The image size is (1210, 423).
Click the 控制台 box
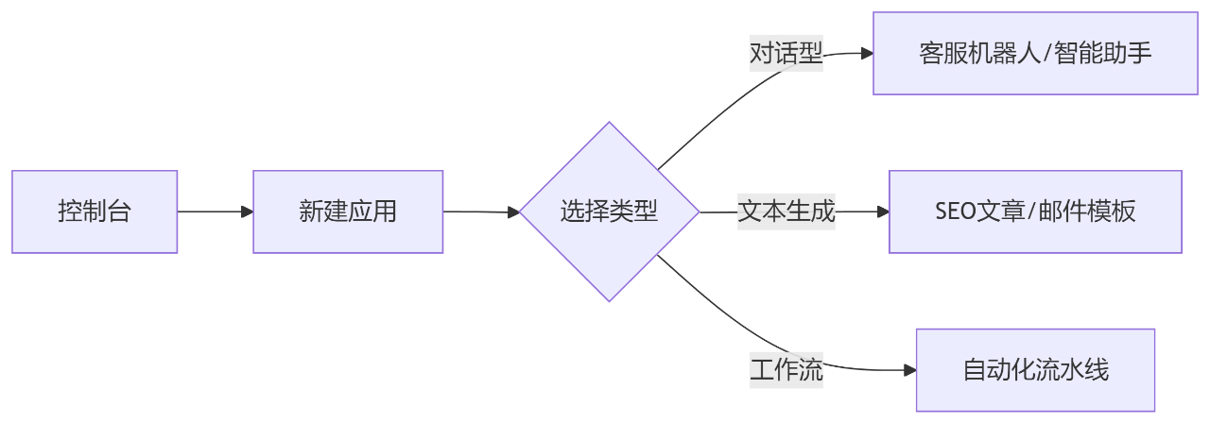click(x=95, y=211)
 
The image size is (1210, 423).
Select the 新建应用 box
click(x=348, y=211)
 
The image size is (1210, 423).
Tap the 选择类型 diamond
click(x=610, y=211)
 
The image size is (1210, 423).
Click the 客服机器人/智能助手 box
click(x=1035, y=53)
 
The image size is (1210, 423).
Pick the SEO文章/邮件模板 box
click(x=1035, y=211)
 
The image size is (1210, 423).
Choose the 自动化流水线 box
click(x=1035, y=370)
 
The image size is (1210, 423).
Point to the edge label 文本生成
click(x=786, y=211)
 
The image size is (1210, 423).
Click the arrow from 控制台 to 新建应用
click(x=215, y=211)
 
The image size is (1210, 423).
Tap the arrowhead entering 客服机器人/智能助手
click(x=866, y=53)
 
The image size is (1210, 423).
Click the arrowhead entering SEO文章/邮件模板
click(x=882, y=211)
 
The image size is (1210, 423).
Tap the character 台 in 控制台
click(x=118, y=211)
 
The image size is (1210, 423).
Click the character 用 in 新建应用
click(x=385, y=211)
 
